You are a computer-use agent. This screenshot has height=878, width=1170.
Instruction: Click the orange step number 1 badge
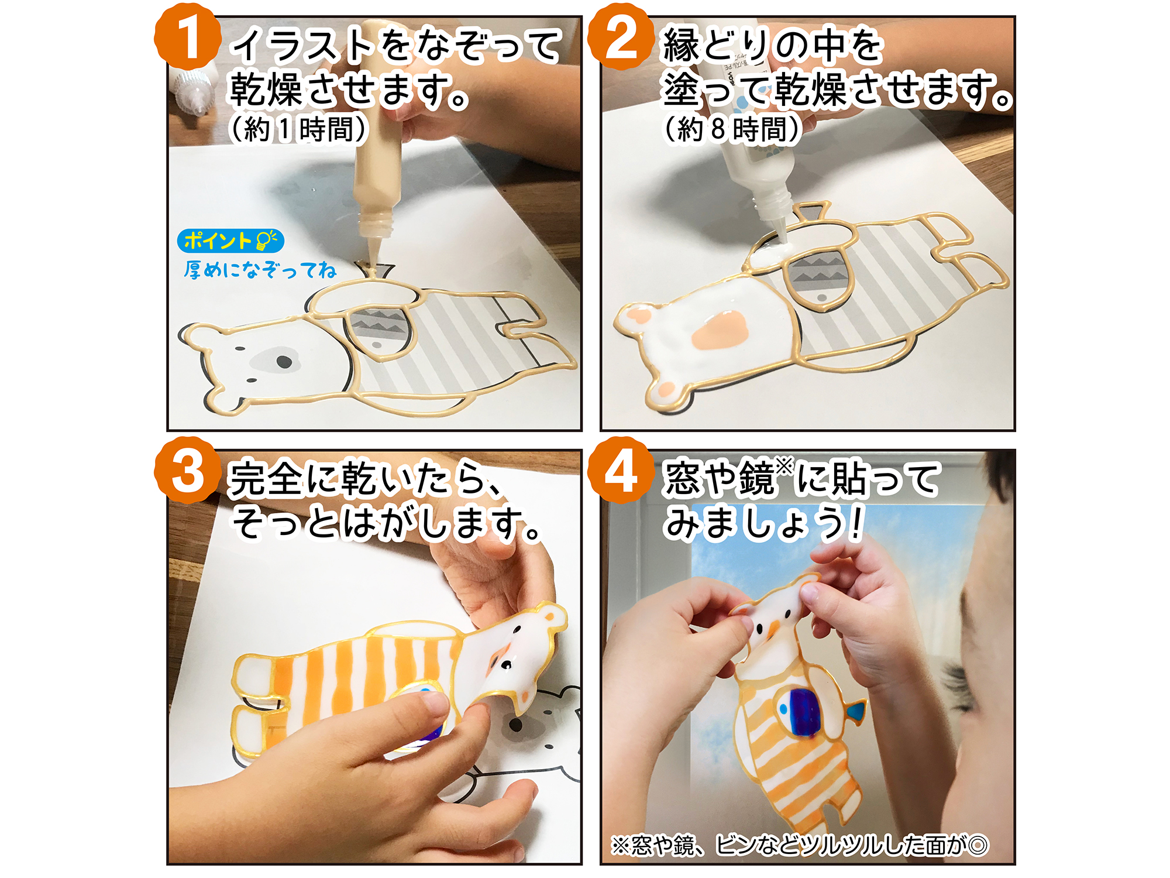188,37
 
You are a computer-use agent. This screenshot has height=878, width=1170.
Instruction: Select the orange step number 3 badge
188,470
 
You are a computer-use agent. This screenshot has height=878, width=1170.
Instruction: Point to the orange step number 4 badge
621,470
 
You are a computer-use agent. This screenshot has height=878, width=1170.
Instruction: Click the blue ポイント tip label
230,241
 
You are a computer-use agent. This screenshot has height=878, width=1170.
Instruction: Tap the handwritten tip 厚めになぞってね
260,270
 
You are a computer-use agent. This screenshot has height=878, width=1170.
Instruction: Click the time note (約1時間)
298,129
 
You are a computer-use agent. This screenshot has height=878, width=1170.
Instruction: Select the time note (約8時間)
731,129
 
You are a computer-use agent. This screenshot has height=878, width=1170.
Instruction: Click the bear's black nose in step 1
284,361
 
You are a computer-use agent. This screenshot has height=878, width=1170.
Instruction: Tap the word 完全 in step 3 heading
266,479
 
